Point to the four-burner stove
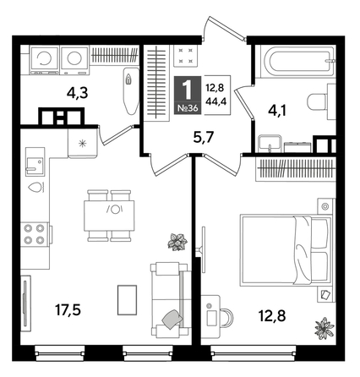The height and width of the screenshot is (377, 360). point(34,233)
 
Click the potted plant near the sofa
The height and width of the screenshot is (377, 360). point(178,241)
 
